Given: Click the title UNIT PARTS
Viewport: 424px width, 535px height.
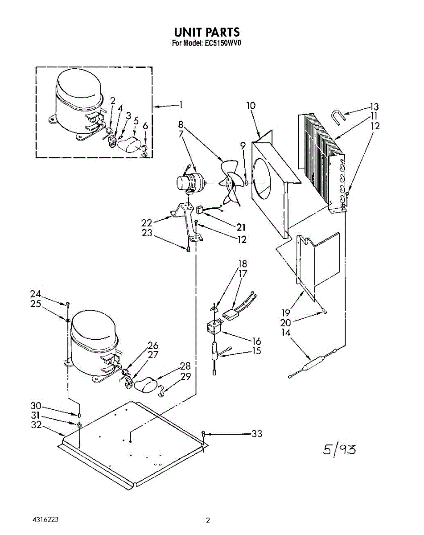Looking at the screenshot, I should (x=207, y=32).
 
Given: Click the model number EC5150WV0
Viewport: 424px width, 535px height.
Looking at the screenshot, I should (x=221, y=43).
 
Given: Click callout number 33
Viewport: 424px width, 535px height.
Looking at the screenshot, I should (x=256, y=433).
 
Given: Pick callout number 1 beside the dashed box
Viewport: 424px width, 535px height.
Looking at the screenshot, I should (x=181, y=105).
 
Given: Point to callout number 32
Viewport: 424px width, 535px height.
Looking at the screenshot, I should (x=36, y=425).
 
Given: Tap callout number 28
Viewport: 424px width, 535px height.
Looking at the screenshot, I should (x=185, y=366).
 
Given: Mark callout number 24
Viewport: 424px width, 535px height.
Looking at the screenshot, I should (x=36, y=294).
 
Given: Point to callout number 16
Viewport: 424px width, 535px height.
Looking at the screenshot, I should (x=256, y=342).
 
